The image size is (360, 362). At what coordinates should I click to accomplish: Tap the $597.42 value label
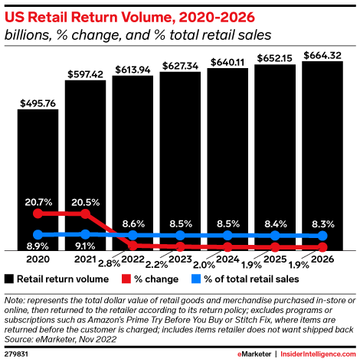pyautogui.click(x=85, y=73)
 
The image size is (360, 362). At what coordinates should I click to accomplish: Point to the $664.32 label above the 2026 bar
pyautogui.click(x=322, y=54)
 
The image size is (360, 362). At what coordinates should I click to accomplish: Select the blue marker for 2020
pyautogui.click(x=38, y=234)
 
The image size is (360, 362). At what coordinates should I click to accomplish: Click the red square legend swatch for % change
pyautogui.click(x=126, y=278)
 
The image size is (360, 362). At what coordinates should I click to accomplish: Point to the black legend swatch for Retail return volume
pyautogui.click(x=9, y=278)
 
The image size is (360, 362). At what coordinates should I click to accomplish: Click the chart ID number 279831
pyautogui.click(x=16, y=354)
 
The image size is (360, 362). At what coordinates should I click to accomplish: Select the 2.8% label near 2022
pyautogui.click(x=110, y=263)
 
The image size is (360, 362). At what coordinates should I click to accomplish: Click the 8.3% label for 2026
pyautogui.click(x=322, y=224)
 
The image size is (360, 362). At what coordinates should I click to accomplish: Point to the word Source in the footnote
pyautogui.click(x=21, y=336)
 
